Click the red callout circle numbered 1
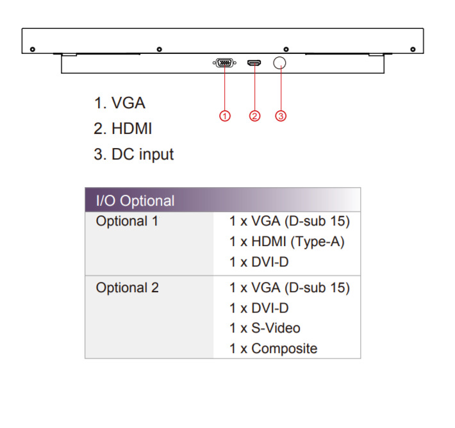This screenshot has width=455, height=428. (224, 116)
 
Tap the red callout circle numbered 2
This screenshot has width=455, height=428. (254, 116)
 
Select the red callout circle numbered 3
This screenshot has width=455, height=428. (281, 116)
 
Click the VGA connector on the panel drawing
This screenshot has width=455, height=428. (222, 63)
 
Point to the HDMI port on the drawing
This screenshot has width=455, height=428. (254, 63)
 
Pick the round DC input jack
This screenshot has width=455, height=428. (280, 63)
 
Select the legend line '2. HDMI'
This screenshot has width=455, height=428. (122, 128)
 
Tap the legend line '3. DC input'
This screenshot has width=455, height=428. (133, 154)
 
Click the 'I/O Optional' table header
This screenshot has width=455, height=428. (135, 201)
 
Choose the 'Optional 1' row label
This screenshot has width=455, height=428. (127, 222)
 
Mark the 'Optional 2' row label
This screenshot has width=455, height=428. (127, 288)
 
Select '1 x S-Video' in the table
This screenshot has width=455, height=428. (265, 328)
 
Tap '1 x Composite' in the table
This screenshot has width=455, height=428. (273, 349)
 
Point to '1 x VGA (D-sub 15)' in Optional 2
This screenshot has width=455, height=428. (290, 288)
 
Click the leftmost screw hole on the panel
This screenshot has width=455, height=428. (33, 49)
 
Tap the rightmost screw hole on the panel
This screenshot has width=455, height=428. (413, 49)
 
